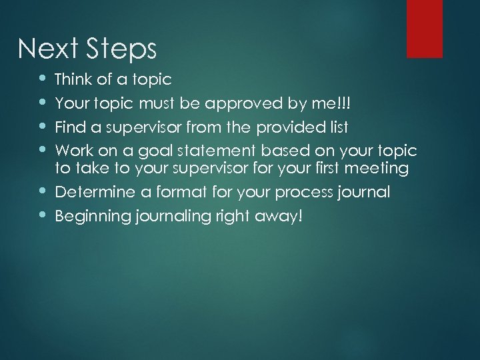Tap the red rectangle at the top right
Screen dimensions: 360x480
[x=425, y=29]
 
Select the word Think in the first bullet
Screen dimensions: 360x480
[x=74, y=80]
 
